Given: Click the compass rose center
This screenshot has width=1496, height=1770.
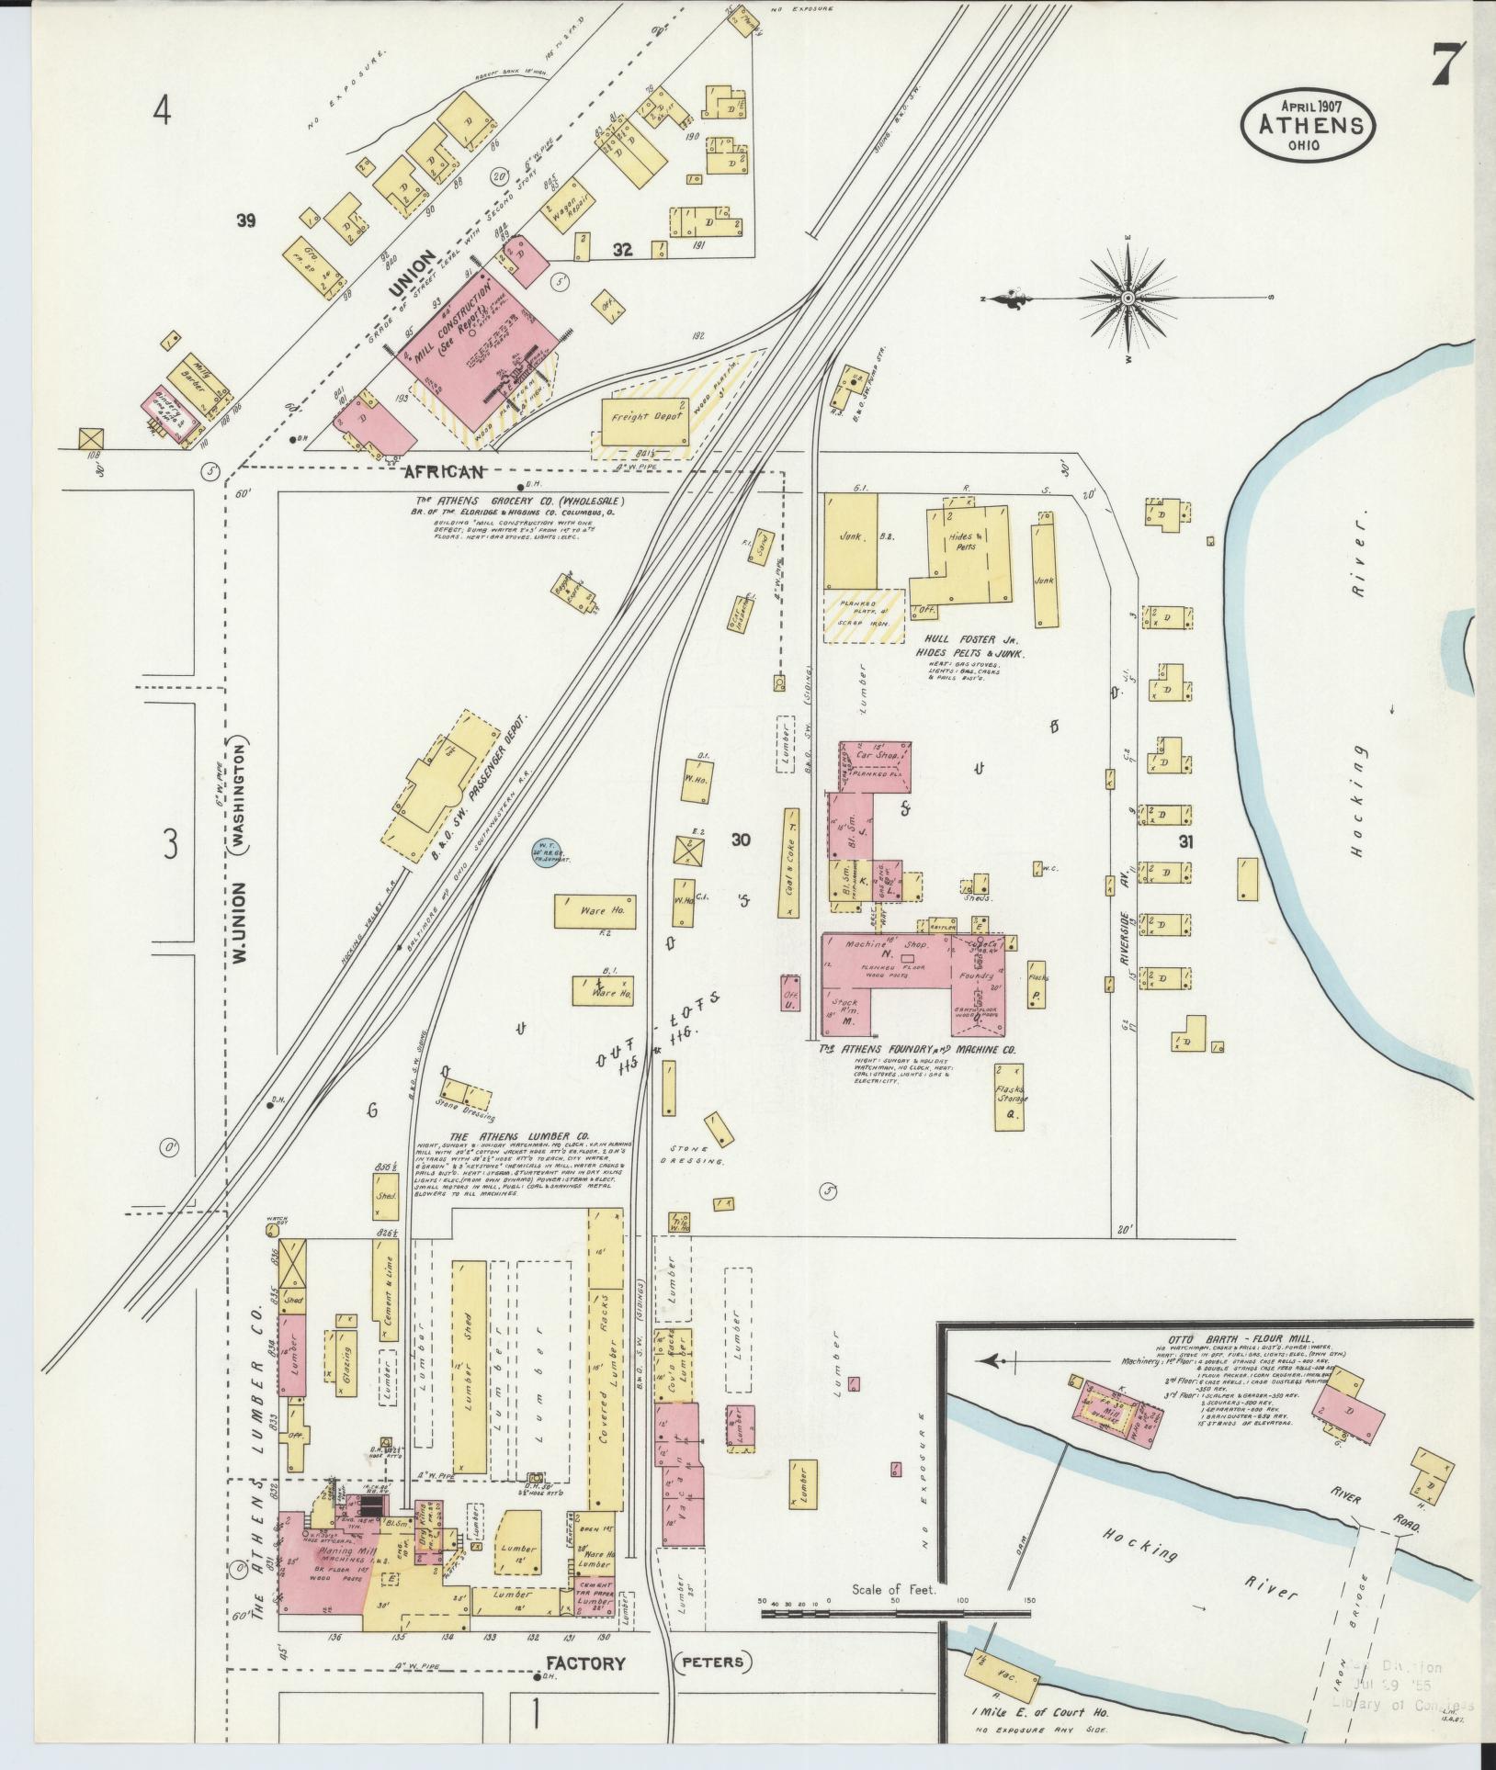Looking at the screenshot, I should pos(1128,298).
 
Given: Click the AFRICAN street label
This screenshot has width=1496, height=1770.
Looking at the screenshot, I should pos(445,472).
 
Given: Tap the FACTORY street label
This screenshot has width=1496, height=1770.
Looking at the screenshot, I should pos(585,1663).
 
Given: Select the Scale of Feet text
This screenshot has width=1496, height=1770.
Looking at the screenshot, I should pos(892,1590).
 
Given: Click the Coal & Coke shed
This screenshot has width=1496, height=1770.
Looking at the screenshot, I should pos(790,862).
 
